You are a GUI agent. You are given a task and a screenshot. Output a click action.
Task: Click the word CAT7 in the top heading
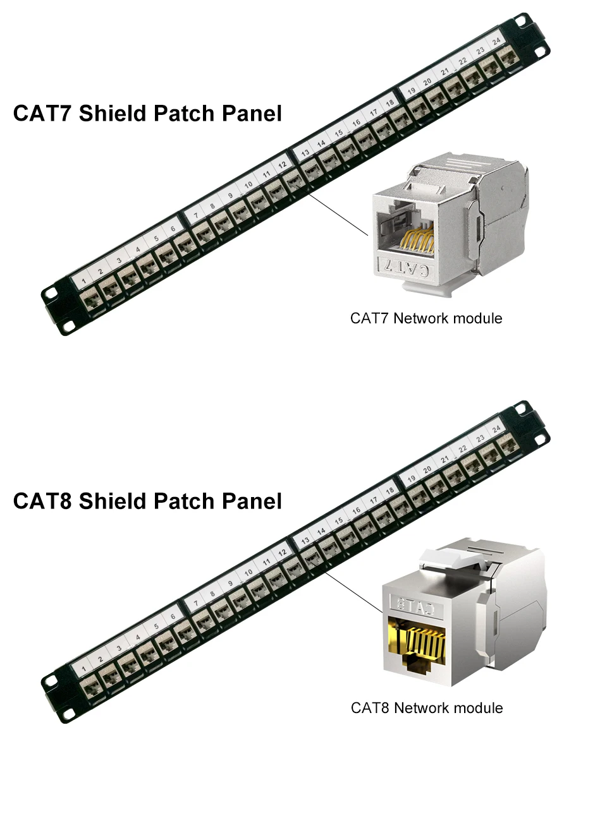tap(42, 114)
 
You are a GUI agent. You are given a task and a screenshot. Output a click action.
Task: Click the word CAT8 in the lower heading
tap(42, 501)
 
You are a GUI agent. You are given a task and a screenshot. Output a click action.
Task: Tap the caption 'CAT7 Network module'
tap(426, 318)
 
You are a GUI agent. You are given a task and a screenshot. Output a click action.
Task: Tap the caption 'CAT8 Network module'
tap(427, 708)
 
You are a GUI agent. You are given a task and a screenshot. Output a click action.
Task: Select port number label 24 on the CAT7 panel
tap(496, 41)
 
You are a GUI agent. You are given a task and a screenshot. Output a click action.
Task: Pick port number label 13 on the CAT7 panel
tap(305, 153)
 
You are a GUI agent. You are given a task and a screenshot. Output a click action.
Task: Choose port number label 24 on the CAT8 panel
tap(496, 429)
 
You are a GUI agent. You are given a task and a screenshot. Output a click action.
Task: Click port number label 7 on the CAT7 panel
tap(196, 215)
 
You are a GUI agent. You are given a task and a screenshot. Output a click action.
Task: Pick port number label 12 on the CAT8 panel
tap(283, 552)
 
